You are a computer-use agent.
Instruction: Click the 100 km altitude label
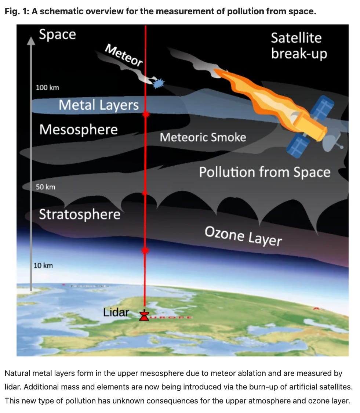point(47,88)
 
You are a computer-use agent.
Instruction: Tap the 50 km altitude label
point(46,187)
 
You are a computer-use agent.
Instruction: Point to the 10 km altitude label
point(43,265)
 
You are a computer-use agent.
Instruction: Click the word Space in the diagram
point(57,34)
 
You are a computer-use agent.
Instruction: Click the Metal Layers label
point(99,105)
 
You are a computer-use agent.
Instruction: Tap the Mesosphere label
point(79,130)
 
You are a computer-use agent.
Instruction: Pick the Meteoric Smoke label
point(203,137)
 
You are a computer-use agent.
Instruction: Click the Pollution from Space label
point(265,172)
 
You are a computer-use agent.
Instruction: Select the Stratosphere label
point(80,214)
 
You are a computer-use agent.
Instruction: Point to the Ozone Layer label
point(243,236)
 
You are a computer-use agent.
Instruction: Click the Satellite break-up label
point(299,46)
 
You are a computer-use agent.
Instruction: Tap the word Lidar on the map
point(116,312)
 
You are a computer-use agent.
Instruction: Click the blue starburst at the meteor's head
point(158,83)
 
